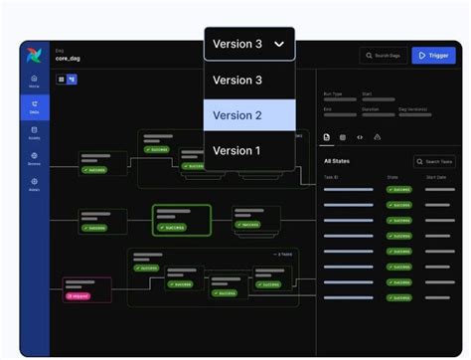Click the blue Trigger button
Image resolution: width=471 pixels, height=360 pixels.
(432, 57)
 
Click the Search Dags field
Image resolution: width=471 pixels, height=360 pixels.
(383, 57)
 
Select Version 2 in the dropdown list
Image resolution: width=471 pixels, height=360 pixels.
(249, 115)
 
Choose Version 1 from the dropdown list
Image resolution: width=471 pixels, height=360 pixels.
(249, 151)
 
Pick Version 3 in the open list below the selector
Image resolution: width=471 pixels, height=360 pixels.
(249, 81)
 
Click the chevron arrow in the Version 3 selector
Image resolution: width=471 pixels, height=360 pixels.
(280, 44)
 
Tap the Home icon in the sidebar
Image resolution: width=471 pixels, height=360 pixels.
(35, 80)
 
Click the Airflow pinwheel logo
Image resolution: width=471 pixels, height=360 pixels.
(35, 54)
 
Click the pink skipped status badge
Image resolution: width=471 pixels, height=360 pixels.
(78, 295)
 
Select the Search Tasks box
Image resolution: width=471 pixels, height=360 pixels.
(433, 161)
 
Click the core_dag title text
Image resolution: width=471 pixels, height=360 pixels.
(69, 59)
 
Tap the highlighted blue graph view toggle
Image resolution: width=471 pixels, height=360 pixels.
(73, 79)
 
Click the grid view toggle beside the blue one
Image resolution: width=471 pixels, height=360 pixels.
(61, 79)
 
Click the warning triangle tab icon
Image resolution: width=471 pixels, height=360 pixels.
(378, 136)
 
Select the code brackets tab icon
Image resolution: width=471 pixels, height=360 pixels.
(360, 136)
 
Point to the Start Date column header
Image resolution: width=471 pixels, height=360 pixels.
(435, 177)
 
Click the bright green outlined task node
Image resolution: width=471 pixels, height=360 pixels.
(182, 219)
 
